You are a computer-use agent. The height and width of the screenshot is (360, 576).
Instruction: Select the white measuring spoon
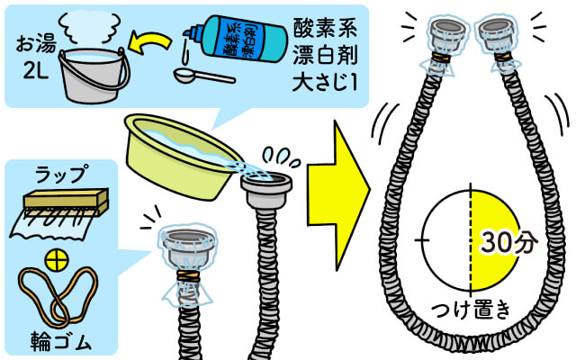pos(204,76)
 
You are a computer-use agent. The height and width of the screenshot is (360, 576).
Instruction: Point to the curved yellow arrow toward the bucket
pos(150,41)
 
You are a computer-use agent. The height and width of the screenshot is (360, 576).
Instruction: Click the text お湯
pos(36,44)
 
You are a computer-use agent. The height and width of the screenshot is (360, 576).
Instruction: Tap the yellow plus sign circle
pos(57,261)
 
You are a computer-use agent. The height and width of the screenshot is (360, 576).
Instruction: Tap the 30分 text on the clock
pos(509,242)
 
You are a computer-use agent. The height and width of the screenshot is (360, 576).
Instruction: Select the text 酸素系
pos(325,28)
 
